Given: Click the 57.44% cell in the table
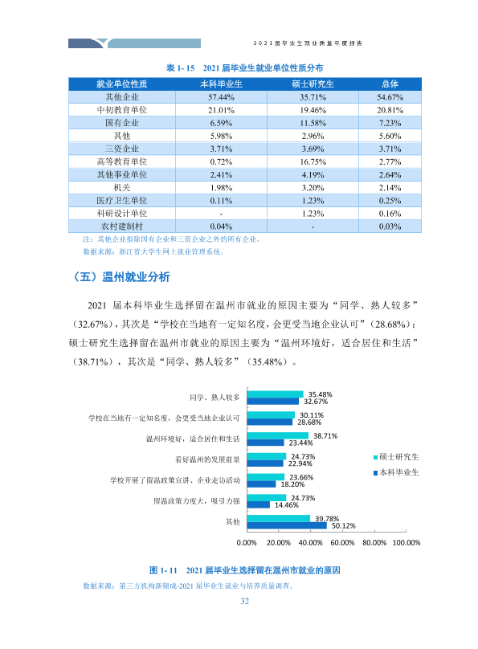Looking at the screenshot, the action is click(x=221, y=97).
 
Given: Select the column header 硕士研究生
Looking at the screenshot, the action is click(x=313, y=84).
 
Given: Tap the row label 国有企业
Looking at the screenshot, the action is click(x=121, y=123).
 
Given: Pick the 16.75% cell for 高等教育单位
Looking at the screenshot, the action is click(x=313, y=161).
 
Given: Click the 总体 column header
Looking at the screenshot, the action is click(x=390, y=84).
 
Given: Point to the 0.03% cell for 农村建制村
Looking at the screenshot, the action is click(x=390, y=227).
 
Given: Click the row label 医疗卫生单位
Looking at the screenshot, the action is click(x=121, y=200).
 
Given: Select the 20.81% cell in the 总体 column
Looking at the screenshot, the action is click(x=390, y=110).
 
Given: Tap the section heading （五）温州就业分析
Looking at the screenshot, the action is click(x=121, y=277).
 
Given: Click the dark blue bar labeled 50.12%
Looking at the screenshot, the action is click(x=287, y=525).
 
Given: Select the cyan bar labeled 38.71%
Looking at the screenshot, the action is click(x=278, y=435).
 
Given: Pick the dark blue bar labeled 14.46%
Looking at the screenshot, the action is click(x=259, y=505).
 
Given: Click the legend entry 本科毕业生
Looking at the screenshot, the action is click(x=397, y=472).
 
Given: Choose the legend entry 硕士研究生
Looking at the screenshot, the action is click(x=397, y=457).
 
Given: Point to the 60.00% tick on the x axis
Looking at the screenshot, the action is click(x=342, y=543).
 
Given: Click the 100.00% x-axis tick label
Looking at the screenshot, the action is click(x=407, y=543).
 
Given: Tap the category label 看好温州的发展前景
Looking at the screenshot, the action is click(x=207, y=459).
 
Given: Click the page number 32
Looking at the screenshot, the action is click(x=245, y=601).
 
